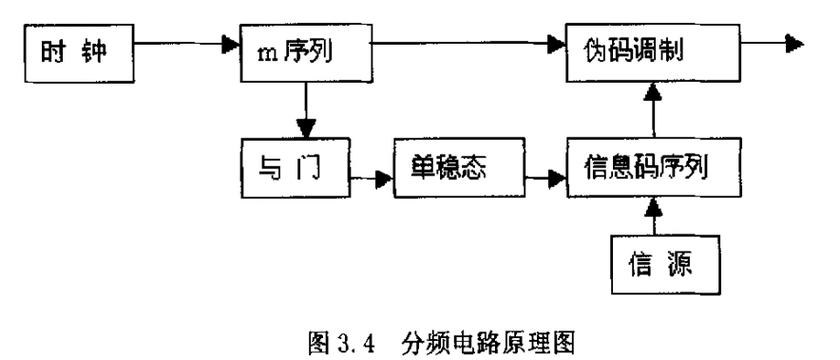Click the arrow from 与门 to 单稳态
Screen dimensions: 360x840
click(x=371, y=181)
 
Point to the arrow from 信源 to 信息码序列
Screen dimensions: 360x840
click(x=653, y=216)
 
